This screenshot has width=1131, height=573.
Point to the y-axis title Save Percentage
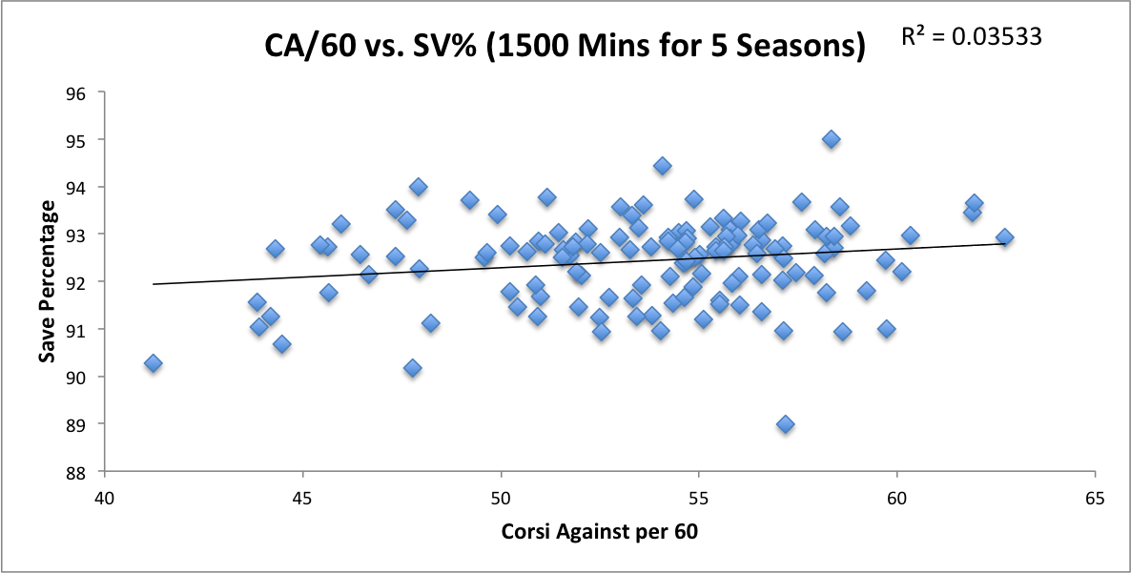click(x=45, y=282)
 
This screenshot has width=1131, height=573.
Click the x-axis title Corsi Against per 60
click(x=599, y=531)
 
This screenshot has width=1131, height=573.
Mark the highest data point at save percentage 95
click(x=831, y=139)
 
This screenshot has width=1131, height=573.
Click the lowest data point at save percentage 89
click(x=785, y=424)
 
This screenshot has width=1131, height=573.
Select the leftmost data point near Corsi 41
click(x=153, y=363)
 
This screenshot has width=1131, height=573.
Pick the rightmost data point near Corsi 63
click(x=1004, y=237)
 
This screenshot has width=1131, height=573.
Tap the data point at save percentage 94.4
click(x=662, y=166)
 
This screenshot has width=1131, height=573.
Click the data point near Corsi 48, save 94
click(x=418, y=187)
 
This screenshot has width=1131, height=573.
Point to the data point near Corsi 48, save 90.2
click(x=412, y=367)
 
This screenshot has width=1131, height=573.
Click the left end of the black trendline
click(x=154, y=284)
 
